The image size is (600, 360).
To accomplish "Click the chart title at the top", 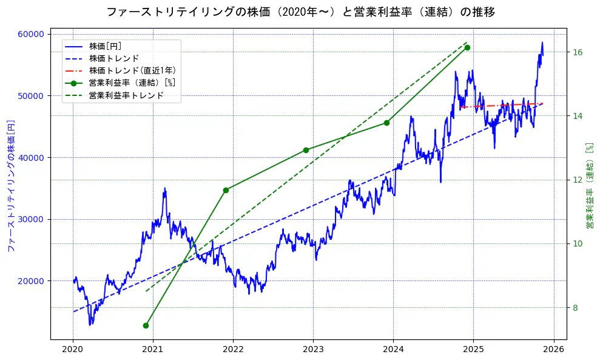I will click(x=300, y=12).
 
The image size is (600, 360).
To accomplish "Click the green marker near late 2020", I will click(x=146, y=325).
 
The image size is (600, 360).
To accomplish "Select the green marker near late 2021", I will click(x=226, y=190).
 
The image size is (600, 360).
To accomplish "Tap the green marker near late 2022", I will click(x=306, y=150).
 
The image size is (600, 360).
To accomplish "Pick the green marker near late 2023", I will click(x=386, y=123).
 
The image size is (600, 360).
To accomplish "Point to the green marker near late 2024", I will click(x=467, y=47).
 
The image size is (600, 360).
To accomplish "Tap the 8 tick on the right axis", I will click(x=576, y=308).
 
